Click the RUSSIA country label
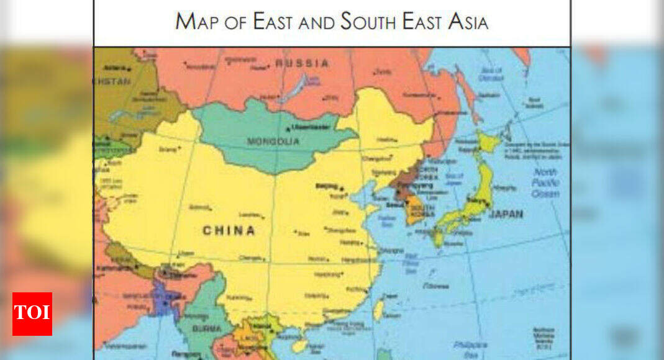click(302, 63)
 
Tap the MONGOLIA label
click(273, 142)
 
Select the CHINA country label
click(229, 231)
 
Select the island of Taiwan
click(378, 310)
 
